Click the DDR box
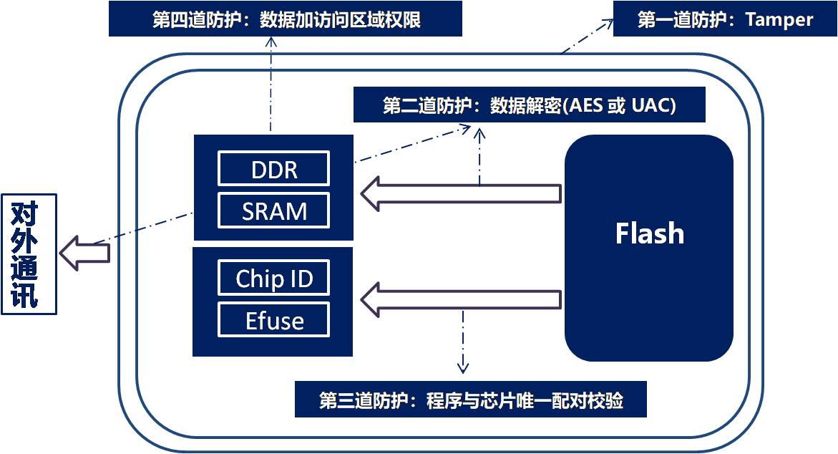click(x=273, y=168)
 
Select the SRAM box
click(x=273, y=211)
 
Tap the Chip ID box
click(x=273, y=278)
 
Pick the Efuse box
click(x=273, y=320)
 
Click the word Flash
click(x=649, y=233)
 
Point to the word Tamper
click(x=779, y=20)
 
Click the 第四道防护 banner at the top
click(x=286, y=19)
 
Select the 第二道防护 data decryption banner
click(x=529, y=105)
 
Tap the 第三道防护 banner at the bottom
click(x=471, y=400)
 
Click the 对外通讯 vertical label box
click(x=29, y=254)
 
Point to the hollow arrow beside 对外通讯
click(x=84, y=253)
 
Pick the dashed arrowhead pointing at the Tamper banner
click(x=608, y=24)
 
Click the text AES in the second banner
click(x=585, y=105)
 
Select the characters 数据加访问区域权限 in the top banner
click(x=340, y=20)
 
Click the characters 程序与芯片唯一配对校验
click(x=525, y=400)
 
